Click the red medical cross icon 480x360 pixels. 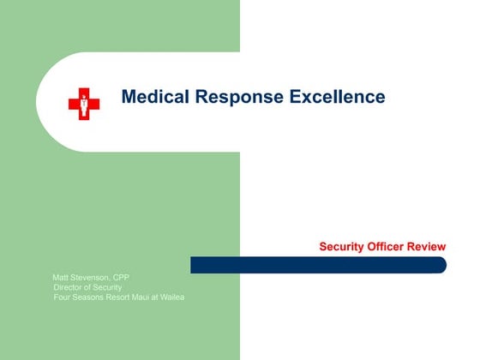(x=84, y=104)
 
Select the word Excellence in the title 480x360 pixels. (x=337, y=97)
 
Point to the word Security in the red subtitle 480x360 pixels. (x=342, y=247)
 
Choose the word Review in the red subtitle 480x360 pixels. (x=427, y=247)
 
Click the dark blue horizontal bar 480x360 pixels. (x=317, y=265)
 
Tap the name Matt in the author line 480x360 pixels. (x=62, y=278)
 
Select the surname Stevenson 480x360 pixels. (x=93, y=278)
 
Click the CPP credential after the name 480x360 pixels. (x=122, y=278)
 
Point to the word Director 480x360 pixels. (x=68, y=287)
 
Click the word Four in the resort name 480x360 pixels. (x=62, y=297)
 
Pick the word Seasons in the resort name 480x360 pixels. (x=89, y=297)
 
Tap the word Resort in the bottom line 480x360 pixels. (x=122, y=297)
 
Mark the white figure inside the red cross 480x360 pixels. (x=84, y=104)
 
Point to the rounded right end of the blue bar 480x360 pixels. (x=441, y=265)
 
